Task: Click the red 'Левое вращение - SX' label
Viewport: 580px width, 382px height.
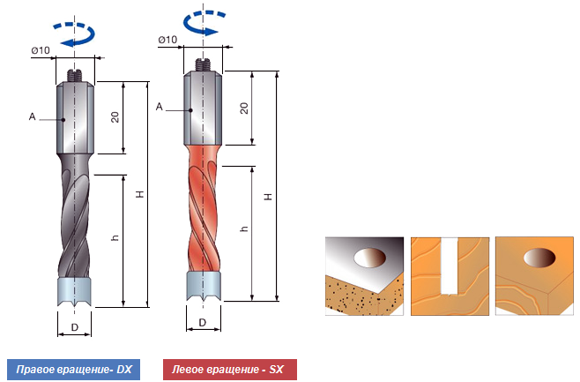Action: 230,369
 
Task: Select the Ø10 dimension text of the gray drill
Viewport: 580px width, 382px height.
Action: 40,49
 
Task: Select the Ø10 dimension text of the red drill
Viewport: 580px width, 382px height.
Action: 167,39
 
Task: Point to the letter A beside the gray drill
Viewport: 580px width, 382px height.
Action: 31,116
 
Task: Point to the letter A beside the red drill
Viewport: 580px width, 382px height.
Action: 159,106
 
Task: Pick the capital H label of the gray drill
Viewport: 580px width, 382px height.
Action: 138,195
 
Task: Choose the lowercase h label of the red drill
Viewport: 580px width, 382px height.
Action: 244,228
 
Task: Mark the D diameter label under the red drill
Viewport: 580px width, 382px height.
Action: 203,323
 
